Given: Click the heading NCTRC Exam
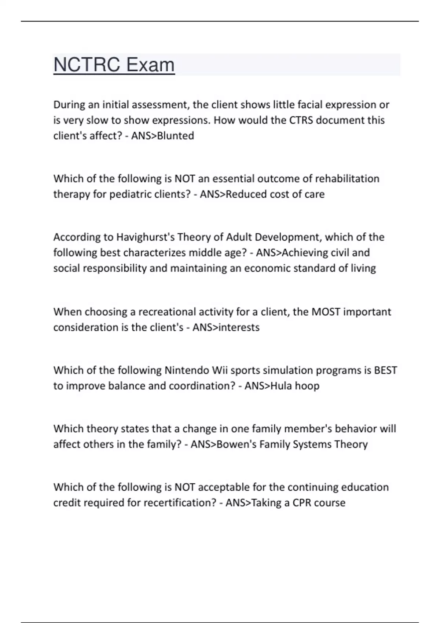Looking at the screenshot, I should (x=114, y=65).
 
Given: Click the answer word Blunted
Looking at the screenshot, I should (x=176, y=136).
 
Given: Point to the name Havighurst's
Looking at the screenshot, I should (x=145, y=237).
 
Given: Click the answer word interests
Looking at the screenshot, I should (x=239, y=327).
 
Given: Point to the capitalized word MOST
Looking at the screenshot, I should (x=326, y=312).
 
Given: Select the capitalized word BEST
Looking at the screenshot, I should (x=385, y=370).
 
